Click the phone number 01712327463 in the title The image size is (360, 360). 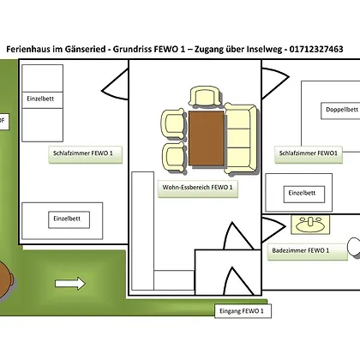(x=316, y=49)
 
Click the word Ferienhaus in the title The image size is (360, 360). (x=27, y=49)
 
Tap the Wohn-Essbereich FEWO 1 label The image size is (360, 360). (x=198, y=189)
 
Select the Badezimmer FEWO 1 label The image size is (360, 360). (x=308, y=252)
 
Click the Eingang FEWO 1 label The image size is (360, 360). (x=243, y=311)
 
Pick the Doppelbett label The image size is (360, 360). (x=341, y=111)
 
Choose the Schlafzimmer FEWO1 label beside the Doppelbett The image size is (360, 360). (x=309, y=154)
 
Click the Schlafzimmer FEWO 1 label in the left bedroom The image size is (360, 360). (x=86, y=154)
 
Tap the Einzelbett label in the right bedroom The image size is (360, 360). (x=304, y=195)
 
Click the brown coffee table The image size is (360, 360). (x=206, y=138)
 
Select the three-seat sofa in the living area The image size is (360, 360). (x=240, y=139)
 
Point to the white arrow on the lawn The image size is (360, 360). (x=70, y=284)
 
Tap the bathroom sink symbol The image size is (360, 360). (x=310, y=225)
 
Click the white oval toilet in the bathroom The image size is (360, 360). (x=354, y=248)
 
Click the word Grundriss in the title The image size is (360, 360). (x=132, y=49)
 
